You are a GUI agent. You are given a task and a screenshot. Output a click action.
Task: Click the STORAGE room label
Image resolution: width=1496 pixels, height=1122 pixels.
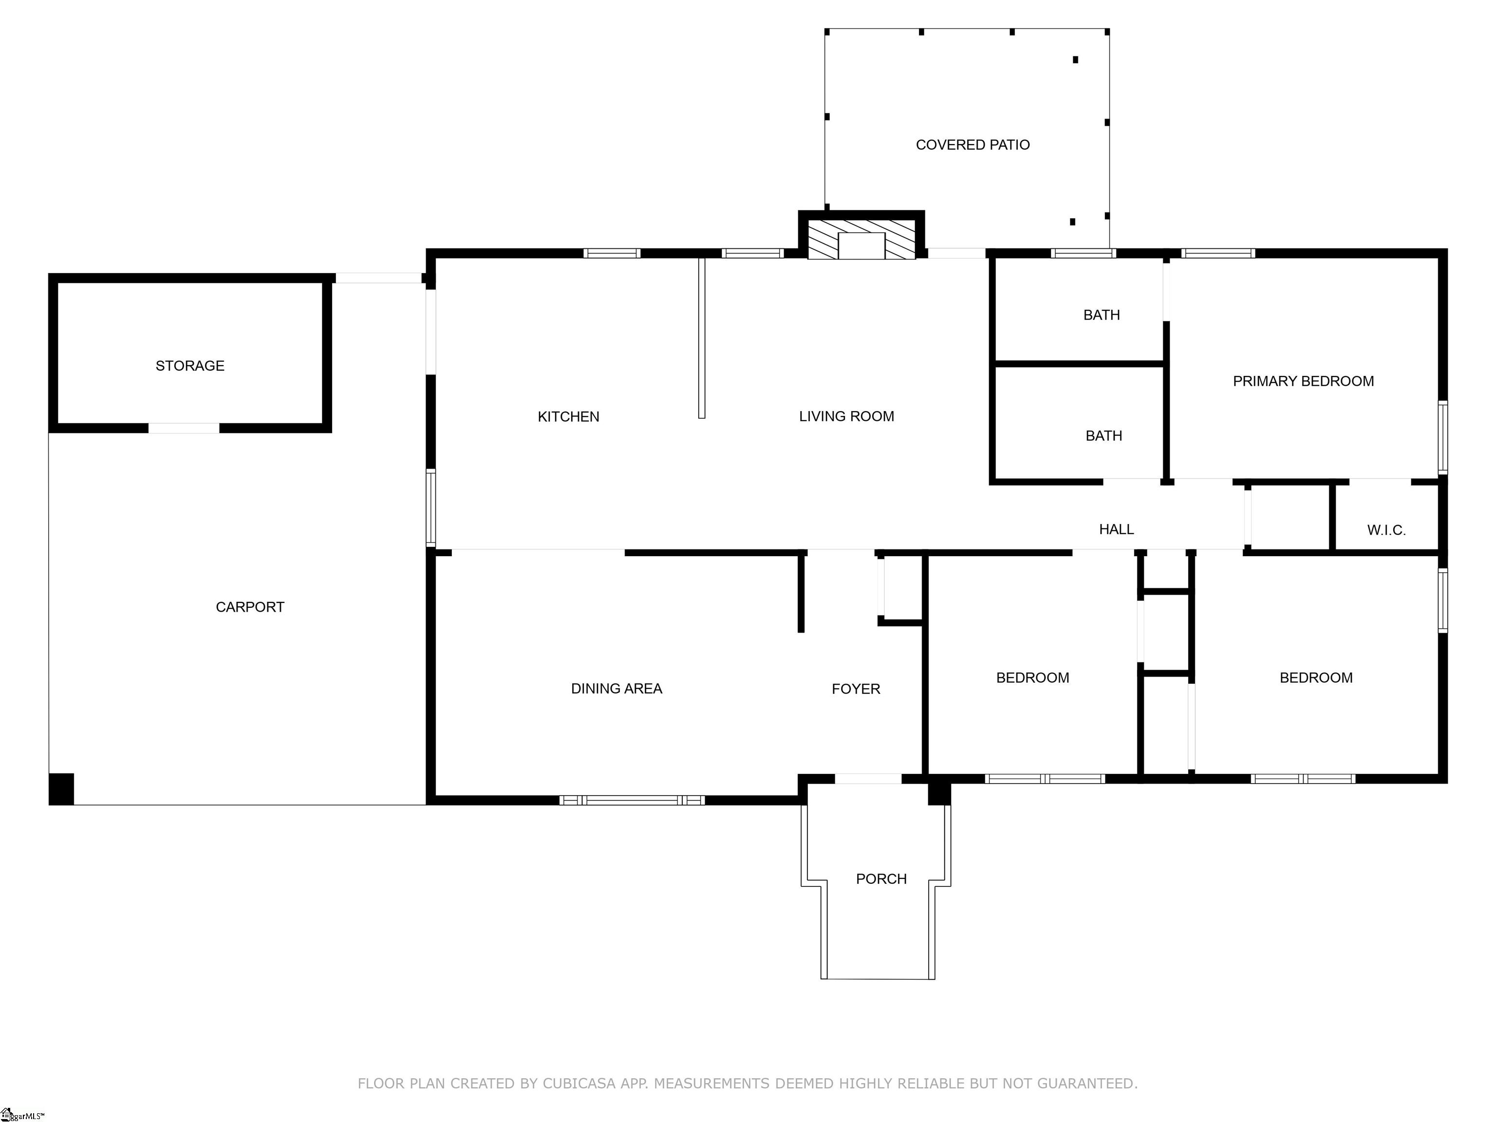(190, 366)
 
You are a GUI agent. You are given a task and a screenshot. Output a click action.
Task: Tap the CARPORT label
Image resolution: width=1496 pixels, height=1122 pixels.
(250, 607)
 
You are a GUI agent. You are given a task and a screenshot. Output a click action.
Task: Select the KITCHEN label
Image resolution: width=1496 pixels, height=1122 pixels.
(568, 416)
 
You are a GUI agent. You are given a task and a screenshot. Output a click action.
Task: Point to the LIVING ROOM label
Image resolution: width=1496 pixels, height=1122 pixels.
(847, 416)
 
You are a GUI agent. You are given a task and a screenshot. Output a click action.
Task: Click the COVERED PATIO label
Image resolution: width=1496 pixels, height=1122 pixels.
(972, 145)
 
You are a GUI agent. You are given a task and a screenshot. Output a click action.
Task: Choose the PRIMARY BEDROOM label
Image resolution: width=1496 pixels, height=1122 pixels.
(1303, 381)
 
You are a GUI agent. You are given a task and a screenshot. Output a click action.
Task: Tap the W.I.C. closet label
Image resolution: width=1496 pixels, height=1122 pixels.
(1386, 530)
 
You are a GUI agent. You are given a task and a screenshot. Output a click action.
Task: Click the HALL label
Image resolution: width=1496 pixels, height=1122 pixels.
(1116, 529)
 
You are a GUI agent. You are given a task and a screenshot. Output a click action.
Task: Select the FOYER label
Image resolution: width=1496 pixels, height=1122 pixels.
(856, 689)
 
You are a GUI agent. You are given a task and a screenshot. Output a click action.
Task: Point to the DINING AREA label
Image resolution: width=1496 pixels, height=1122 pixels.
(617, 689)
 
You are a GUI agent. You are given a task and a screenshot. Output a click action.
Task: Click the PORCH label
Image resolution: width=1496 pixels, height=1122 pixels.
(881, 879)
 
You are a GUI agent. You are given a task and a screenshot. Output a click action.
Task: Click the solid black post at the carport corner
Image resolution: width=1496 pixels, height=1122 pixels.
(61, 788)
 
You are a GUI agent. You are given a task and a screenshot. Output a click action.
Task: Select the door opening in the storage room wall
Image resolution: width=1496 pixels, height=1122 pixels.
(184, 428)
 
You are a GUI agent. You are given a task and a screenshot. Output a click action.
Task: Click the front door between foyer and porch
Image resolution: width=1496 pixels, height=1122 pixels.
(868, 779)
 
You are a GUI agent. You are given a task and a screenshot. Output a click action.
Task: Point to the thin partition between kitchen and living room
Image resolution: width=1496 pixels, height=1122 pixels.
(702, 338)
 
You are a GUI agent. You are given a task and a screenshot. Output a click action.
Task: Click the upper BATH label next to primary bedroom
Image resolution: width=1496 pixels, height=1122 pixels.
(1102, 315)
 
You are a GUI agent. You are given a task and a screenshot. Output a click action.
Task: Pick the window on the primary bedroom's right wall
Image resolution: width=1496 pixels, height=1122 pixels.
(1442, 437)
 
